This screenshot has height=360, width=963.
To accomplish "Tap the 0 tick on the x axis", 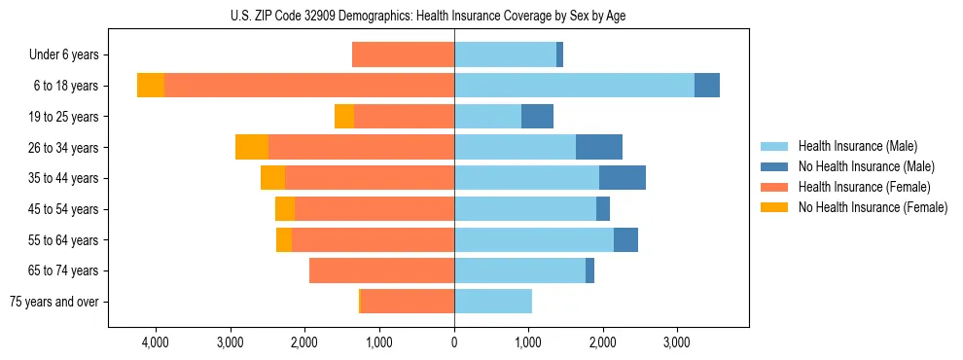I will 454,342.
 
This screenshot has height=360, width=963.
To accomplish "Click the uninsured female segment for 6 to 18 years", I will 151,86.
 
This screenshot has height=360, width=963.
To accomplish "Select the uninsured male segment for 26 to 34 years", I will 599,147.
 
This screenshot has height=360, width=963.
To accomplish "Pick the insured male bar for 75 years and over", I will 493,302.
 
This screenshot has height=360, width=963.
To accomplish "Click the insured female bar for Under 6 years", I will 403,54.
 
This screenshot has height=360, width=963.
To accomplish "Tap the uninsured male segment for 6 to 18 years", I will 707,86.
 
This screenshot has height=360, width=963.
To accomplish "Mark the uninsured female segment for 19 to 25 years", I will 344,117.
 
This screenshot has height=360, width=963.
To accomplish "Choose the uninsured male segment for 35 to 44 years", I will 623,178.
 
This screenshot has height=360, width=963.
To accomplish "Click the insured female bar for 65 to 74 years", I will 381,270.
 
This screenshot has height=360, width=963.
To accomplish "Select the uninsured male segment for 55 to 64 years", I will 625,239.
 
